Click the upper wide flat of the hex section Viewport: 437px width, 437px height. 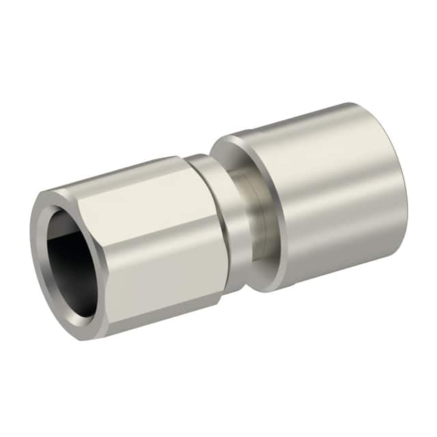coord(137,208)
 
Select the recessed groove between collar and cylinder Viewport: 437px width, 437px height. coord(256,218)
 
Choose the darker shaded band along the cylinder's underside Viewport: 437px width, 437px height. coord(328,263)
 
